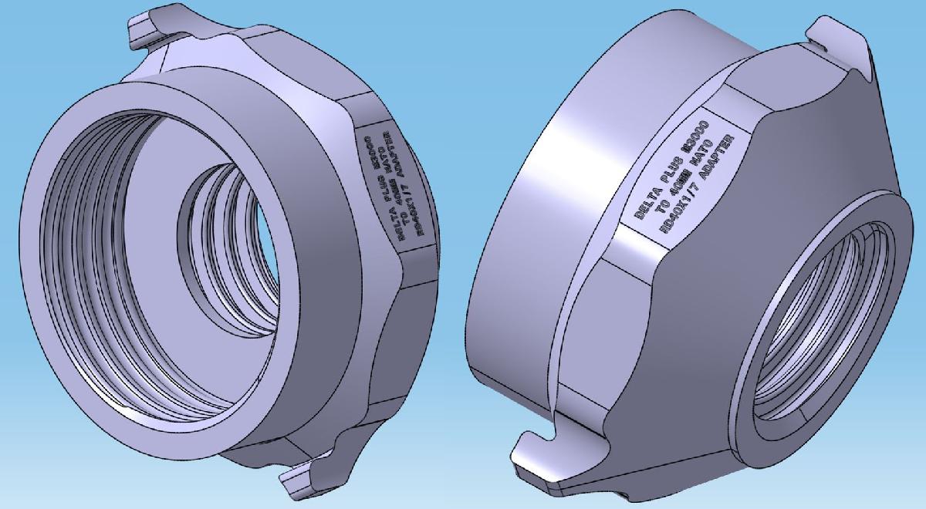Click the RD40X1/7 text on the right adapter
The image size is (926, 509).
680,208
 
